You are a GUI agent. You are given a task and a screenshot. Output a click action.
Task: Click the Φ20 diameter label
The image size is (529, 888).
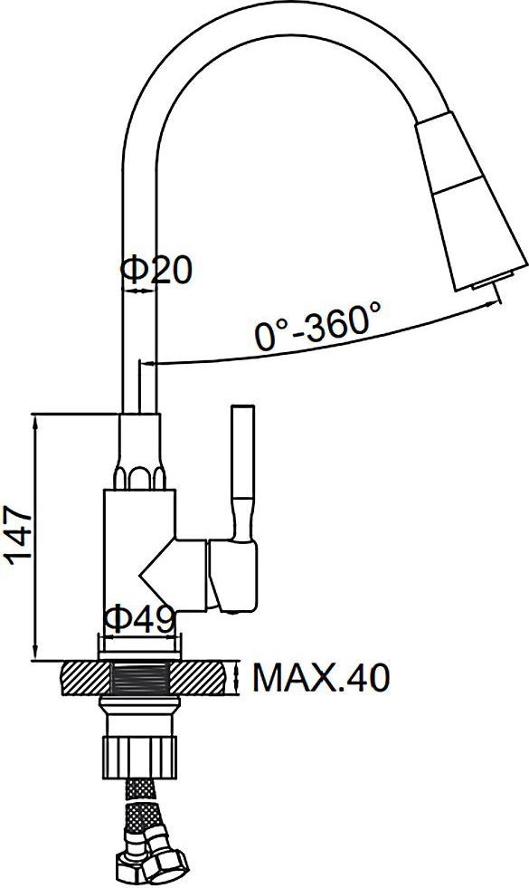click(x=156, y=270)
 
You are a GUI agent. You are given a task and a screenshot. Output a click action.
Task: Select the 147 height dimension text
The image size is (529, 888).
click(x=19, y=535)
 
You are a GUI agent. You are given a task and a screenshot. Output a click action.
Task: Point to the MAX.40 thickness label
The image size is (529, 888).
click(x=321, y=677)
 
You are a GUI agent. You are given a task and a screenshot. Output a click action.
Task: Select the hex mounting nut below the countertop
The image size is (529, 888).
click(x=139, y=756)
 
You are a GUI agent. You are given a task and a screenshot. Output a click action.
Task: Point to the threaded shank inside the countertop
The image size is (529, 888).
click(x=140, y=677)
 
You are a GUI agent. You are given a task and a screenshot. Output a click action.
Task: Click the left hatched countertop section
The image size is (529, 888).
click(x=84, y=677)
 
